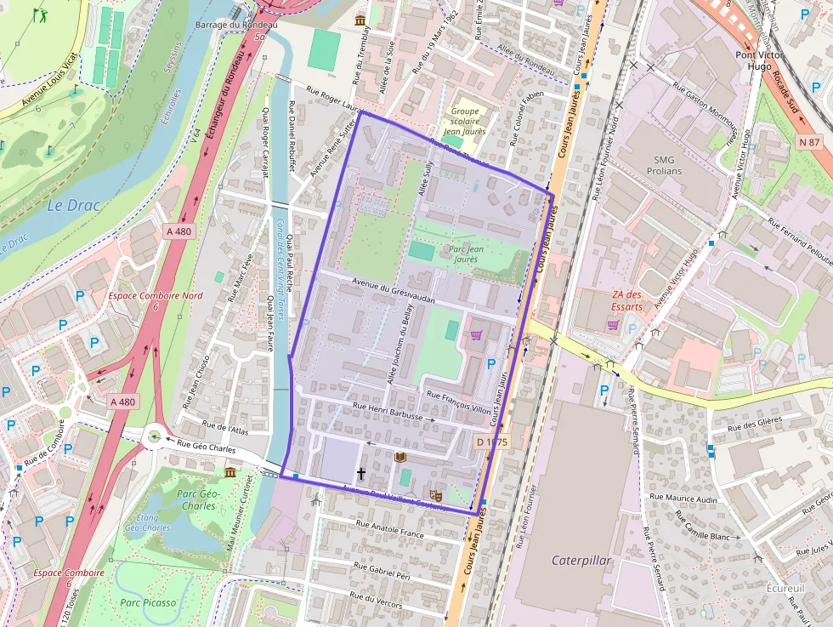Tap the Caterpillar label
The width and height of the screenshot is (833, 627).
coord(581,561)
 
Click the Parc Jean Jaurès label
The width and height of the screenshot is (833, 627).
coord(463,254)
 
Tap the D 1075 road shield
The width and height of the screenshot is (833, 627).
coord(491,442)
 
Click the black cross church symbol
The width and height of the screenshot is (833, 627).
coord(360,473)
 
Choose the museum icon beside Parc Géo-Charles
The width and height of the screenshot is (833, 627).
coord(229,472)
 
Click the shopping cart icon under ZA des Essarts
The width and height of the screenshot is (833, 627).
coord(612,324)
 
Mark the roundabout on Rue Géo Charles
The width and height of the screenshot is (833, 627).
coord(154,437)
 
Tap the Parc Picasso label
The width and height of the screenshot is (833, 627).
coord(148,602)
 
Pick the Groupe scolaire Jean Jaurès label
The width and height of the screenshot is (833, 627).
coord(465,121)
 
